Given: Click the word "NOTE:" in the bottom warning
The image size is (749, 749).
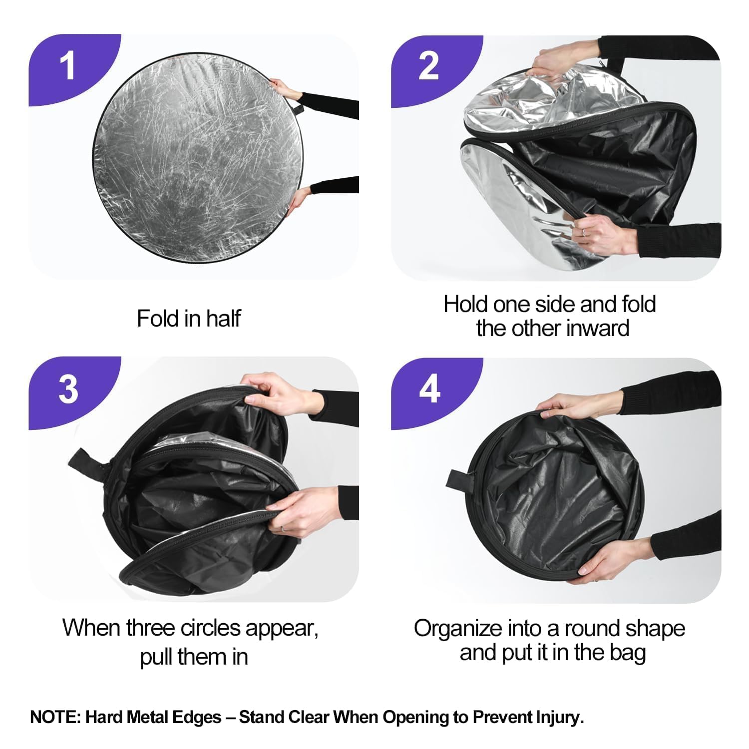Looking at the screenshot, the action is tap(55, 717).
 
